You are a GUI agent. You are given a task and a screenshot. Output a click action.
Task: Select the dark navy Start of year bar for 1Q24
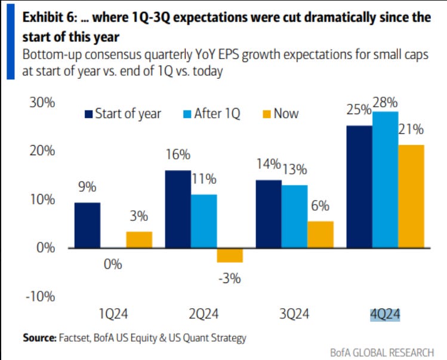pyautogui.click(x=87, y=224)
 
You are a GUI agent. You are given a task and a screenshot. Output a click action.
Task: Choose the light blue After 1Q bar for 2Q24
pyautogui.click(x=204, y=220)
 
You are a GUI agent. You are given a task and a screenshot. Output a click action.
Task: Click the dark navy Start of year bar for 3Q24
pyautogui.click(x=268, y=213)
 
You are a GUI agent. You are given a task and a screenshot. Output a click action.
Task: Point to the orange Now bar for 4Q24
pyautogui.click(x=411, y=196)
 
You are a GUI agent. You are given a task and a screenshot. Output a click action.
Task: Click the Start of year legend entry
pyautogui.click(x=123, y=113)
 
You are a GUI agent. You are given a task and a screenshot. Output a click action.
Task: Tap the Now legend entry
pyautogui.click(x=279, y=113)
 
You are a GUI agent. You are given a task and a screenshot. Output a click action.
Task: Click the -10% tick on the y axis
pyautogui.click(x=39, y=297)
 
